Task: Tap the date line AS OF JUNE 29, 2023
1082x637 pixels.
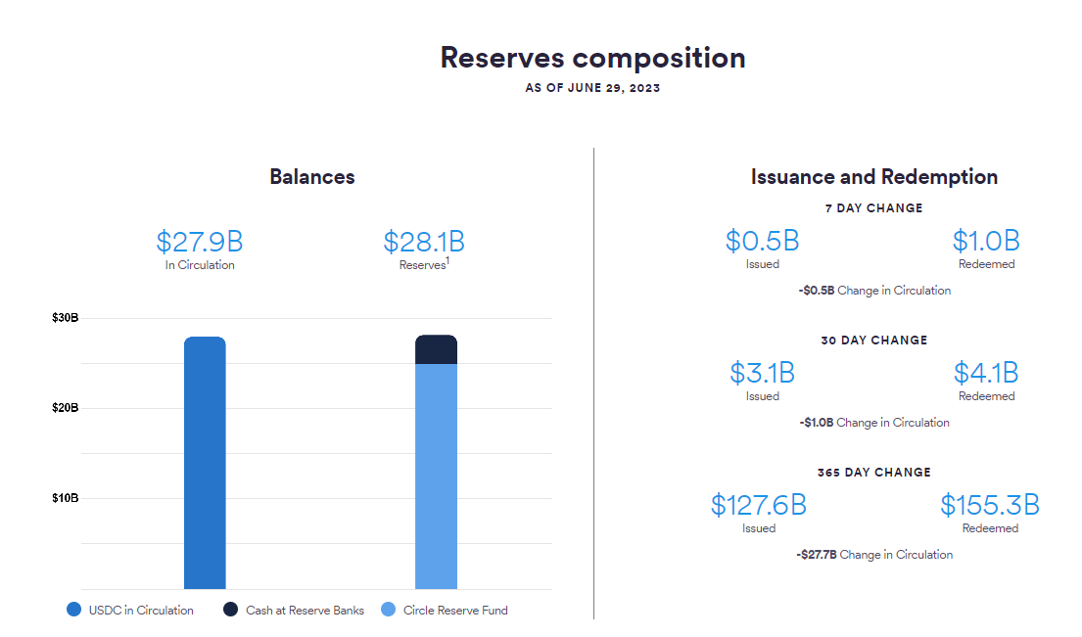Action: (x=592, y=88)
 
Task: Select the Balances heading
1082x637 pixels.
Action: (x=312, y=177)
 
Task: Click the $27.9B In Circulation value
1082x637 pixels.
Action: (x=200, y=242)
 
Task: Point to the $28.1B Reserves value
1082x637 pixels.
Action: (x=424, y=242)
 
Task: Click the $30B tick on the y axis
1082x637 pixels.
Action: (x=65, y=318)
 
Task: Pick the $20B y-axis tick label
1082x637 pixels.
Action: (x=65, y=408)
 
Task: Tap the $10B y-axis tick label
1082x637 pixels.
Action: (x=65, y=498)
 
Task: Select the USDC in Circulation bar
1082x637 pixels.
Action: (x=205, y=463)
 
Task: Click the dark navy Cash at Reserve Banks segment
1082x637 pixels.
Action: (x=436, y=349)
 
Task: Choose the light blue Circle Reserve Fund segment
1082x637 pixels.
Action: (x=436, y=477)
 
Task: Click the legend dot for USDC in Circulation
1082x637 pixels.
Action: (x=73, y=610)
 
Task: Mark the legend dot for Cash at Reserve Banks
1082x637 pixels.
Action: (x=230, y=610)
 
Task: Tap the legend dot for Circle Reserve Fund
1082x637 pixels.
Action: (x=389, y=610)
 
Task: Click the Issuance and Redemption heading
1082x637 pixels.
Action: (x=874, y=177)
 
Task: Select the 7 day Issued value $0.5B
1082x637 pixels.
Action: (x=763, y=242)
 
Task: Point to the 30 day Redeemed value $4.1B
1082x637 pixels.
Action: (x=986, y=374)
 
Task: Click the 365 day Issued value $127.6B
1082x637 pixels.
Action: (x=758, y=505)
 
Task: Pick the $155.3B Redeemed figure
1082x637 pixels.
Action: (x=990, y=505)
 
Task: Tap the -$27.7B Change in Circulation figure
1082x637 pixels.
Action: (x=817, y=555)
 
